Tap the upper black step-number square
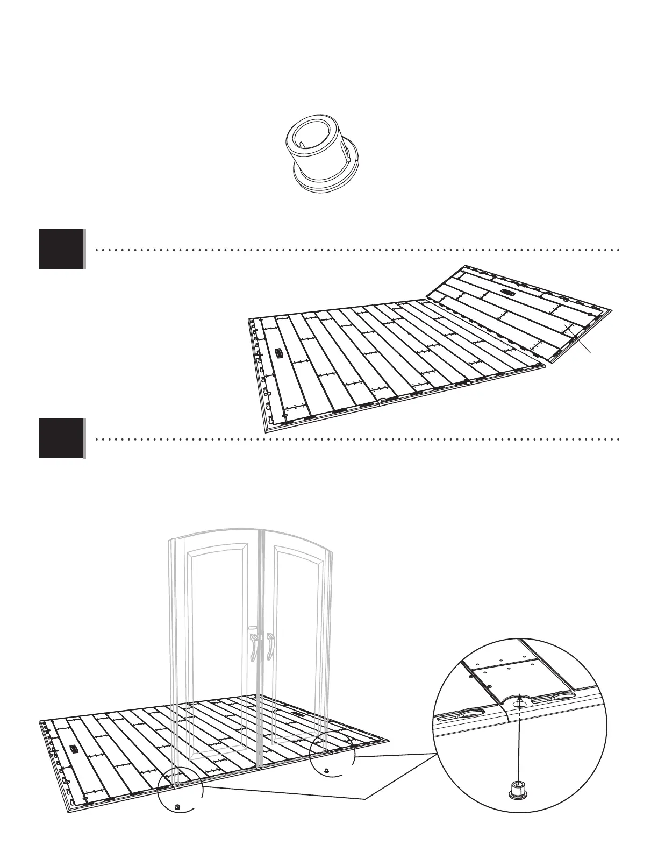(x=61, y=249)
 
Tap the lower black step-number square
(x=61, y=438)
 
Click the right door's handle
(x=269, y=645)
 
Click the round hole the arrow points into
(x=520, y=702)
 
